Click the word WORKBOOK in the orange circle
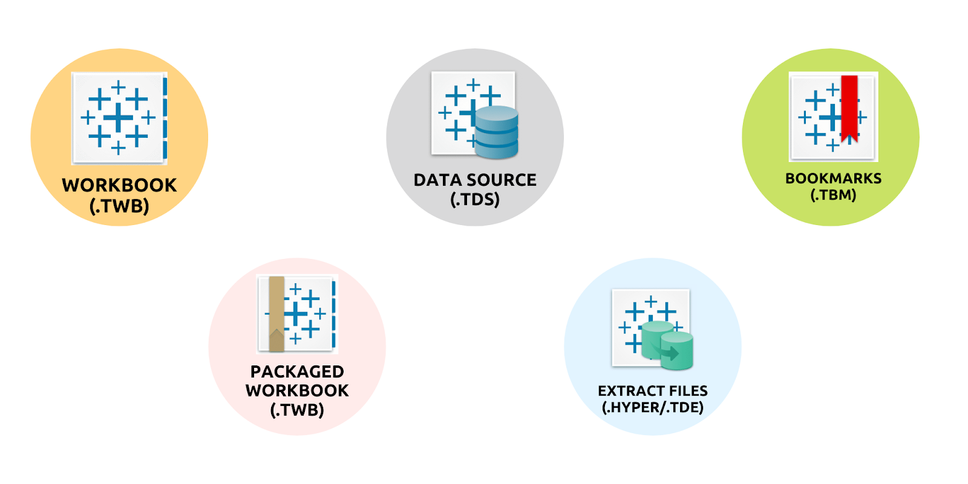pos(119,185)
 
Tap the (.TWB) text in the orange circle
pos(119,206)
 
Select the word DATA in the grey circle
pos(437,180)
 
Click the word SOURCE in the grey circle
pos(502,180)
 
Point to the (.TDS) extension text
pos(475,199)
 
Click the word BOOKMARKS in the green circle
pos(833,178)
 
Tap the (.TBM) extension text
pos(833,195)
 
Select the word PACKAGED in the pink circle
pos(297,371)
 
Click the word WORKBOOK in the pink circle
pos(297,391)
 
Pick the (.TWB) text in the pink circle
pos(297,410)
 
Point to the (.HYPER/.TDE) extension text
pos(652,407)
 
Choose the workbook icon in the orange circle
pos(119,118)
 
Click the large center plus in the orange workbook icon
pos(118,117)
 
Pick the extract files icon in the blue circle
pos(652,329)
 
